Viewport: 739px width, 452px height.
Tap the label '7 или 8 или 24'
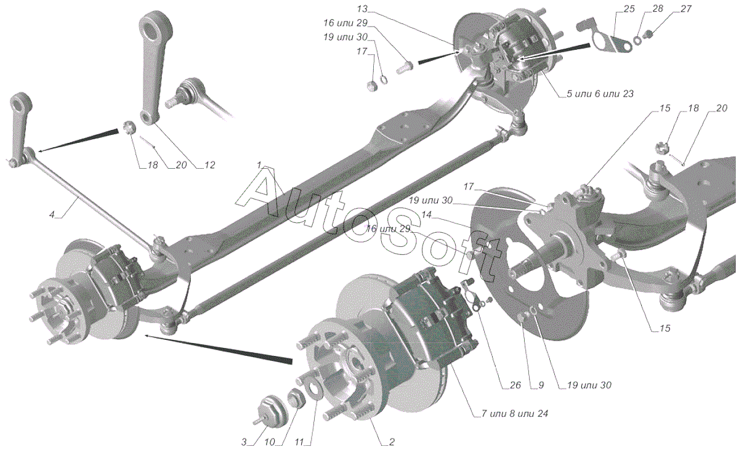[x=511, y=413]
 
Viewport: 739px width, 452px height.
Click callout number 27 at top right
[x=668, y=9]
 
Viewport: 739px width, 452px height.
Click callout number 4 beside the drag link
[x=52, y=215]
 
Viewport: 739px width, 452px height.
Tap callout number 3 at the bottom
[x=244, y=442]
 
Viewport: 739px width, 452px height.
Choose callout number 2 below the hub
[x=392, y=442]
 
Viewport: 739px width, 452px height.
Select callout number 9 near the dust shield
[x=541, y=385]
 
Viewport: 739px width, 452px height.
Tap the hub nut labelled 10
[x=295, y=397]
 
